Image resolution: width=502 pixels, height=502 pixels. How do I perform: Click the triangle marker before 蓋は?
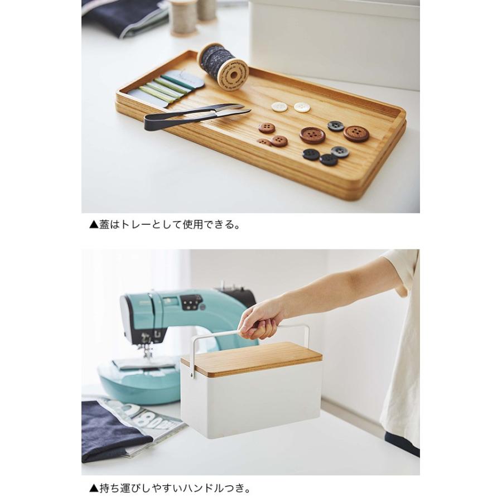coord(93,226)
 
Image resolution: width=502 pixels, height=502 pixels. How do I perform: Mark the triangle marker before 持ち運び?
coord(93,489)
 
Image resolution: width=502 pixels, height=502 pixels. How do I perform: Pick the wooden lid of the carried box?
coord(251,357)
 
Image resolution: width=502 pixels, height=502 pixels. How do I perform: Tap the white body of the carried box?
coord(251,402)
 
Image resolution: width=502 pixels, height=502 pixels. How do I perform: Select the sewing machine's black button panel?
coord(191,302)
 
